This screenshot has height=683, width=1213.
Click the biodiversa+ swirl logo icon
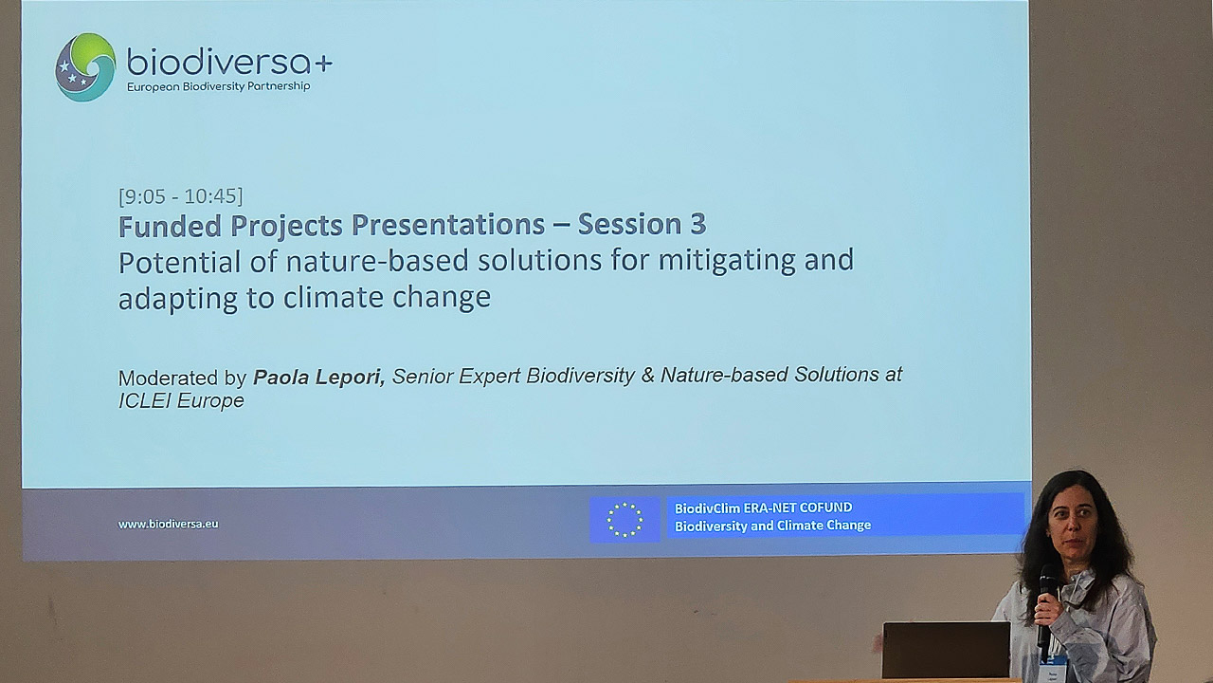(85, 67)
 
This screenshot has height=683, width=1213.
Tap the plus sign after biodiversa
(323, 64)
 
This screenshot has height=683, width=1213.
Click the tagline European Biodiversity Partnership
(218, 86)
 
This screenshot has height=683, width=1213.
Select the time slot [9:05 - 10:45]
(181, 196)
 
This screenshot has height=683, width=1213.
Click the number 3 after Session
(698, 225)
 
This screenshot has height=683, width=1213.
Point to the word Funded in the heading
(170, 226)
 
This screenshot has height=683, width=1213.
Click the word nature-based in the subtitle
(377, 261)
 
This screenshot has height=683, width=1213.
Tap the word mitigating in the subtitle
(727, 261)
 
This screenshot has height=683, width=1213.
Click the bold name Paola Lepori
(319, 377)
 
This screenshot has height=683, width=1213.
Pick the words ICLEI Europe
(181, 401)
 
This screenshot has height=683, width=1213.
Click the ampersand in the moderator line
(647, 375)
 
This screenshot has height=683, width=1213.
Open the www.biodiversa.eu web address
(169, 525)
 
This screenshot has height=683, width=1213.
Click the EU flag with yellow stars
(625, 520)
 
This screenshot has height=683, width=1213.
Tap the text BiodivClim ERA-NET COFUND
(764, 508)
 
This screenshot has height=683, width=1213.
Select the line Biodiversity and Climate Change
(772, 526)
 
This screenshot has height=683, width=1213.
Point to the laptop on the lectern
(946, 651)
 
